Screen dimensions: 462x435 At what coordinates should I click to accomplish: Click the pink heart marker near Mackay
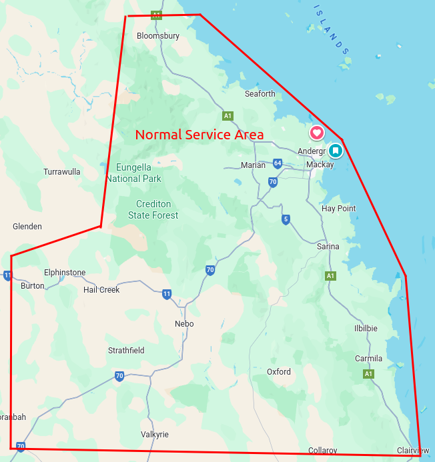[317, 133]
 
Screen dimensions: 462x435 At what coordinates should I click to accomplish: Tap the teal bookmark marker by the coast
[336, 151]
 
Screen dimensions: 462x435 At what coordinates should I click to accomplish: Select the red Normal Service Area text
[199, 135]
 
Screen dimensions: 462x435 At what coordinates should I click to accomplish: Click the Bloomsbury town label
[158, 36]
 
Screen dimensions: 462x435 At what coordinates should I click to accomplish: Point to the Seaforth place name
[260, 94]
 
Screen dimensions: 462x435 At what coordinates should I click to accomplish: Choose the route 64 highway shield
[277, 163]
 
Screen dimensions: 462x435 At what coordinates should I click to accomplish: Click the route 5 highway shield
[286, 219]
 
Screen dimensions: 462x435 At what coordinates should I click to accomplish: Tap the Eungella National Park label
[133, 173]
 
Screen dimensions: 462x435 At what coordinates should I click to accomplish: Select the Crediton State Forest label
[153, 210]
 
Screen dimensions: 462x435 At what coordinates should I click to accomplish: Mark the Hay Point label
[339, 209]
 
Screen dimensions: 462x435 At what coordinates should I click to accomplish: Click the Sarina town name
[328, 247]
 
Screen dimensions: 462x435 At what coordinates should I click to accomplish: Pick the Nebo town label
[183, 324]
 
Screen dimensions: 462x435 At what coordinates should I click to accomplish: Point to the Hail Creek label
[101, 290]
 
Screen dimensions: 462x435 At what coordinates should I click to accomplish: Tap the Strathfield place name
[126, 351]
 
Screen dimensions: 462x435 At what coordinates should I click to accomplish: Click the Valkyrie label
[155, 435]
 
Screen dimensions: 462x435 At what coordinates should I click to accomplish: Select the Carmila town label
[368, 359]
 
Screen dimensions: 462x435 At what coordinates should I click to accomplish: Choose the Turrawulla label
[62, 172]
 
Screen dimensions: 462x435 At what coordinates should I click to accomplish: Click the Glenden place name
[27, 227]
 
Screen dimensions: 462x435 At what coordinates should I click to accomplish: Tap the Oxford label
[279, 372]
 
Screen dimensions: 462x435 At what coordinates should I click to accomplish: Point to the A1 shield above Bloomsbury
[156, 14]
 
